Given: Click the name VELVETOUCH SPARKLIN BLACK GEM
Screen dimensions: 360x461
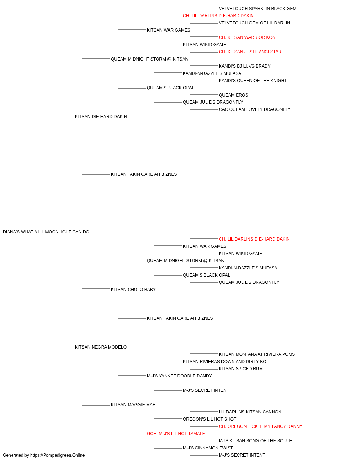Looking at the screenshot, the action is pyautogui.click(x=257, y=9).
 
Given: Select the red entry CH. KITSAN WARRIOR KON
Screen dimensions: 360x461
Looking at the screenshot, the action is pyautogui.click(x=247, y=37).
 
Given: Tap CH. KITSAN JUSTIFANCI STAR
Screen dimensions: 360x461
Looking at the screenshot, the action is pyautogui.click(x=250, y=52).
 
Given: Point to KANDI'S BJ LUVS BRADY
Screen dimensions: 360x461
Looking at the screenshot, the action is pyautogui.click(x=244, y=66).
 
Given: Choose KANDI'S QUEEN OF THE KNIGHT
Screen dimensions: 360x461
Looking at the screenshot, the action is pyautogui.click(x=252, y=81).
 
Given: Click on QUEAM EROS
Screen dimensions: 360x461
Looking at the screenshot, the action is pyautogui.click(x=233, y=95).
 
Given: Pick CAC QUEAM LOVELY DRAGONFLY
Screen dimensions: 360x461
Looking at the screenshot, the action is pyautogui.click(x=255, y=110).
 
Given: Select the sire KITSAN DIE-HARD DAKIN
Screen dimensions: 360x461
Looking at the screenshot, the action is pyautogui.click(x=101, y=117).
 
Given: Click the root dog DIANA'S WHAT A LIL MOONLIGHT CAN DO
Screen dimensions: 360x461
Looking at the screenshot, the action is pyautogui.click(x=46, y=232).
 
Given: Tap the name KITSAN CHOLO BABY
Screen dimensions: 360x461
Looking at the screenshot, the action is pyautogui.click(x=133, y=290).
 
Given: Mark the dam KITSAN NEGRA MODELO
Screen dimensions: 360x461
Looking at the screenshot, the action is pyautogui.click(x=100, y=348).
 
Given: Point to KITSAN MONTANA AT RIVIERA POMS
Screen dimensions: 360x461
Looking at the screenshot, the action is pyautogui.click(x=257, y=355).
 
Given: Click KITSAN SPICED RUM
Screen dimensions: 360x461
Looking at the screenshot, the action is pyautogui.click(x=240, y=369).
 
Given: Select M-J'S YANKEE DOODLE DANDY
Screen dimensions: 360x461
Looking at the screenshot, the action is pyautogui.click(x=179, y=376).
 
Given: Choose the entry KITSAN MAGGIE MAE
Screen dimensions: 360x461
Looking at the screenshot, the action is pyautogui.click(x=133, y=405).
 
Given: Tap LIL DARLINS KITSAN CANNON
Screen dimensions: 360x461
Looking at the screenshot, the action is pyautogui.click(x=250, y=412).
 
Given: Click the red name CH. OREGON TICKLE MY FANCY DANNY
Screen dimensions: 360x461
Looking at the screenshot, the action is pyautogui.click(x=260, y=427).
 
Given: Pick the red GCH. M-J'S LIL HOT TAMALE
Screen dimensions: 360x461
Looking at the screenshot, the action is pyautogui.click(x=176, y=434).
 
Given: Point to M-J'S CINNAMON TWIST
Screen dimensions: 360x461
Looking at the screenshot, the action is pyautogui.click(x=208, y=448).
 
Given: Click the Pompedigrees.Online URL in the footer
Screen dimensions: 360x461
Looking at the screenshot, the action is pyautogui.click(x=57, y=456).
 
